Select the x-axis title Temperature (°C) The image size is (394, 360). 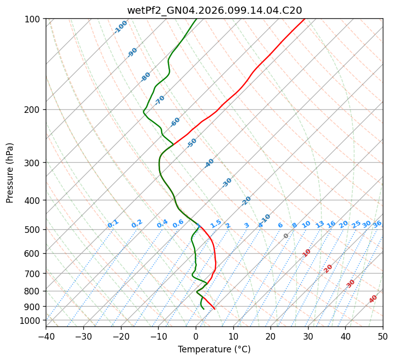(x=214, y=350)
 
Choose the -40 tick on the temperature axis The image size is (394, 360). (x=46, y=336)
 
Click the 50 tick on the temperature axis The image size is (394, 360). (x=383, y=336)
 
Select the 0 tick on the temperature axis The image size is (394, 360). (x=196, y=336)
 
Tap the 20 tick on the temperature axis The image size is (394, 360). (x=270, y=336)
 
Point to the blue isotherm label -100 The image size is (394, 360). (x=120, y=27)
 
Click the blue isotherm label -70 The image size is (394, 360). (x=160, y=100)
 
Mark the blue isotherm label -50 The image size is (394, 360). (x=191, y=143)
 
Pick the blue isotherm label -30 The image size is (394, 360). (x=227, y=183)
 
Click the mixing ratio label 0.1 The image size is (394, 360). (x=113, y=224)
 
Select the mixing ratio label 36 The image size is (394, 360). (x=377, y=224)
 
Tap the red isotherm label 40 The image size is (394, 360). (x=373, y=299)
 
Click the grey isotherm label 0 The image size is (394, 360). (x=286, y=236)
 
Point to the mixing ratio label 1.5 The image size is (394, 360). (x=216, y=224)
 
